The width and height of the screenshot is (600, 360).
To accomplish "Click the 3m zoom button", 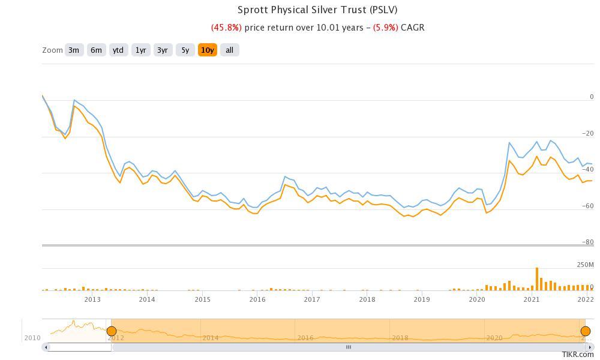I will click(73, 50).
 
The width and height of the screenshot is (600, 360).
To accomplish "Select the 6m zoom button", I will click(96, 50).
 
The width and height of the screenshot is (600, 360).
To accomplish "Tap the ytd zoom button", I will click(118, 50).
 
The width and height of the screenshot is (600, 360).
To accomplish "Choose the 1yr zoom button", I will click(140, 50).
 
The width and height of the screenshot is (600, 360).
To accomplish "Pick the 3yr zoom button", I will click(163, 50).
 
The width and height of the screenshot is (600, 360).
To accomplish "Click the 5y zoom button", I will click(185, 50).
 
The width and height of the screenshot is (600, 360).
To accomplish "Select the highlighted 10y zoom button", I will click(208, 50).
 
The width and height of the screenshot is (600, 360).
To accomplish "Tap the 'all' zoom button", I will click(230, 50).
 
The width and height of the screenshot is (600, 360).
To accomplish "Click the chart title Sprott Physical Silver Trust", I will click(317, 10).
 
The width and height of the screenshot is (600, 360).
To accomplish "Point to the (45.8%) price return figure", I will click(226, 28).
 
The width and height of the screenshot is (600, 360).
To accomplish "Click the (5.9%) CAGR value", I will click(385, 28).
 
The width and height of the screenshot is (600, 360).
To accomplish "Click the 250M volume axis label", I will click(585, 265).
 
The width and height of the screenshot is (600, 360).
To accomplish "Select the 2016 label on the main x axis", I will click(257, 299).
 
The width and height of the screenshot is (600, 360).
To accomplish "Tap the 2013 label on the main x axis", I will click(92, 299).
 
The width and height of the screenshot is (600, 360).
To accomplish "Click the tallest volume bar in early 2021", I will click(537, 279).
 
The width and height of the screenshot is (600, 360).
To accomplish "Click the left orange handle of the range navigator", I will click(111, 331).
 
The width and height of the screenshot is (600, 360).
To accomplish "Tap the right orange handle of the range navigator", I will click(586, 331).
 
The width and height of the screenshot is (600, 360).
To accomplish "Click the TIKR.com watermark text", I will click(578, 355).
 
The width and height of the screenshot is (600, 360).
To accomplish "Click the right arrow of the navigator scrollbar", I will click(590, 347).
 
